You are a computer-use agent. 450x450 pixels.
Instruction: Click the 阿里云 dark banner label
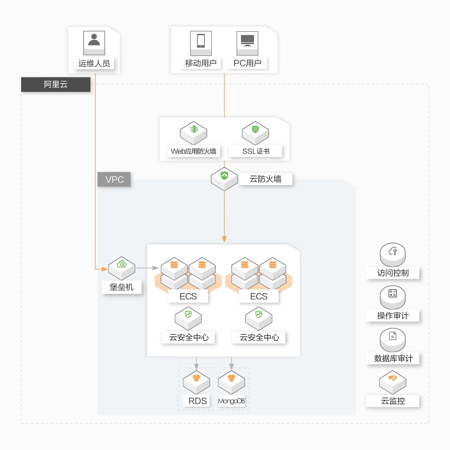[x=56, y=84]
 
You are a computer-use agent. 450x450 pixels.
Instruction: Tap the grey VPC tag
[x=114, y=179]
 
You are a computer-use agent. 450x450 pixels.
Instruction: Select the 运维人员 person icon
[x=94, y=43]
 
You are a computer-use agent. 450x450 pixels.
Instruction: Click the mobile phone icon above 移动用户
[x=201, y=43]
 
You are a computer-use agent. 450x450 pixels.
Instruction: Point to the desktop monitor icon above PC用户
[x=247, y=43]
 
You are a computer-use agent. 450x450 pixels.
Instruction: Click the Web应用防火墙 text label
[x=194, y=151]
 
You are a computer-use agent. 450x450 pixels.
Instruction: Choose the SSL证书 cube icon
[x=255, y=133]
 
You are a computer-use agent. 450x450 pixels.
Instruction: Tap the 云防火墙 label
[x=265, y=179]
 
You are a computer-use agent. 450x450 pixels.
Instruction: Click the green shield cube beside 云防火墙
[x=224, y=179]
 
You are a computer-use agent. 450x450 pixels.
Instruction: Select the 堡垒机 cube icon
[x=121, y=268]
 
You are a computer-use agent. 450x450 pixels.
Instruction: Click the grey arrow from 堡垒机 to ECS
[x=148, y=268]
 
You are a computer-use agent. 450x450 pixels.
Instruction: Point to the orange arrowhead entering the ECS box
[x=224, y=240]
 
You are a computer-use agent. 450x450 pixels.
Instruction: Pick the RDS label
[x=198, y=401]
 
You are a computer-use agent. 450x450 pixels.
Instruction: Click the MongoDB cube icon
[x=231, y=382]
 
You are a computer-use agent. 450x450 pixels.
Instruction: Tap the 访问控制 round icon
[x=392, y=254]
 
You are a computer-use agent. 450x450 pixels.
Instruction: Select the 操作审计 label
[x=393, y=316]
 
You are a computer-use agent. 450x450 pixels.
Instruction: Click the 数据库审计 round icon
[x=392, y=340]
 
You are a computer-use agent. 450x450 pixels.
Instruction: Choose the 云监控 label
[x=393, y=401]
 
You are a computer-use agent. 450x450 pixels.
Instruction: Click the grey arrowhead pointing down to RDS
[x=197, y=367]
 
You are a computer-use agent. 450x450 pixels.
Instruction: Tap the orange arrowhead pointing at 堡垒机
[x=104, y=269]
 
